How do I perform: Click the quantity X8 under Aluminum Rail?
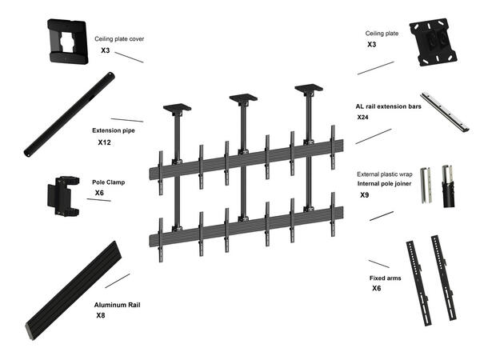click(101, 316)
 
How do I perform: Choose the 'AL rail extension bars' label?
click(388, 106)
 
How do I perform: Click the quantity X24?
click(364, 118)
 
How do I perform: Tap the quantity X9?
click(364, 194)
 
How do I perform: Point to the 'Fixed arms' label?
click(384, 278)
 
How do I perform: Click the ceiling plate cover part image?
click(69, 41)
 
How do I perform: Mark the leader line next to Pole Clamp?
click(98, 198)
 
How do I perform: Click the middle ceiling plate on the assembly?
click(242, 98)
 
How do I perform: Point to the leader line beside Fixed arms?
click(378, 263)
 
